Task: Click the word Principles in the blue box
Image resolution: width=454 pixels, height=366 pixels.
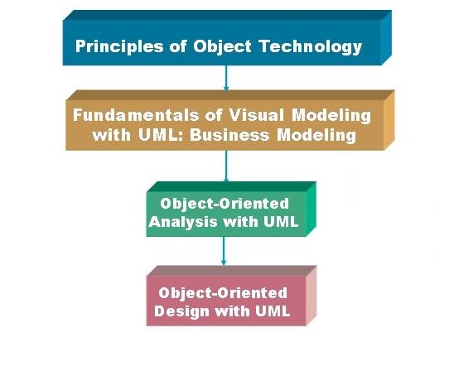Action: [x=119, y=46]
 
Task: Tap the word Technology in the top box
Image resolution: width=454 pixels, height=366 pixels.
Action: [x=311, y=46]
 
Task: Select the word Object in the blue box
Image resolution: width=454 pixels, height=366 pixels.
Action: [x=222, y=46]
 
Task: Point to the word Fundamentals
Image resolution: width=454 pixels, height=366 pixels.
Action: [x=136, y=115]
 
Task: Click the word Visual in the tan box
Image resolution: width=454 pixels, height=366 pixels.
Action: [x=256, y=115]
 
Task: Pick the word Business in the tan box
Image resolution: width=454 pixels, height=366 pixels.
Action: [x=229, y=135]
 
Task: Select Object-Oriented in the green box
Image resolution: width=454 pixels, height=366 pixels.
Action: [x=225, y=204]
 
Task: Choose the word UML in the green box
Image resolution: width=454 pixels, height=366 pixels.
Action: [x=281, y=222]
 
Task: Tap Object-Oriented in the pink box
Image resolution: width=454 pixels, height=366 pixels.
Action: [x=223, y=293]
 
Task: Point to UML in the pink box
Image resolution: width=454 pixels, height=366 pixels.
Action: [x=273, y=311]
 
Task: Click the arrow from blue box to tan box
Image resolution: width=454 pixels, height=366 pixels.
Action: [x=226, y=79]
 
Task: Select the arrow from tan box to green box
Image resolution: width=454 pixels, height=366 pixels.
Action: [x=226, y=166]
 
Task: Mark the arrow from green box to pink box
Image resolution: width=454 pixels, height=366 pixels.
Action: [x=223, y=251]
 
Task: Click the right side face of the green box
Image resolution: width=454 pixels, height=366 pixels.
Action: [x=312, y=209]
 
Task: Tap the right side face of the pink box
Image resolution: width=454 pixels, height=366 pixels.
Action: [x=312, y=296]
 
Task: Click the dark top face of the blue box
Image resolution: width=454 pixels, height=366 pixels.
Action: [x=227, y=15]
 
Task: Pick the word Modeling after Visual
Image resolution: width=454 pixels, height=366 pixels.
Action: [x=331, y=115]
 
